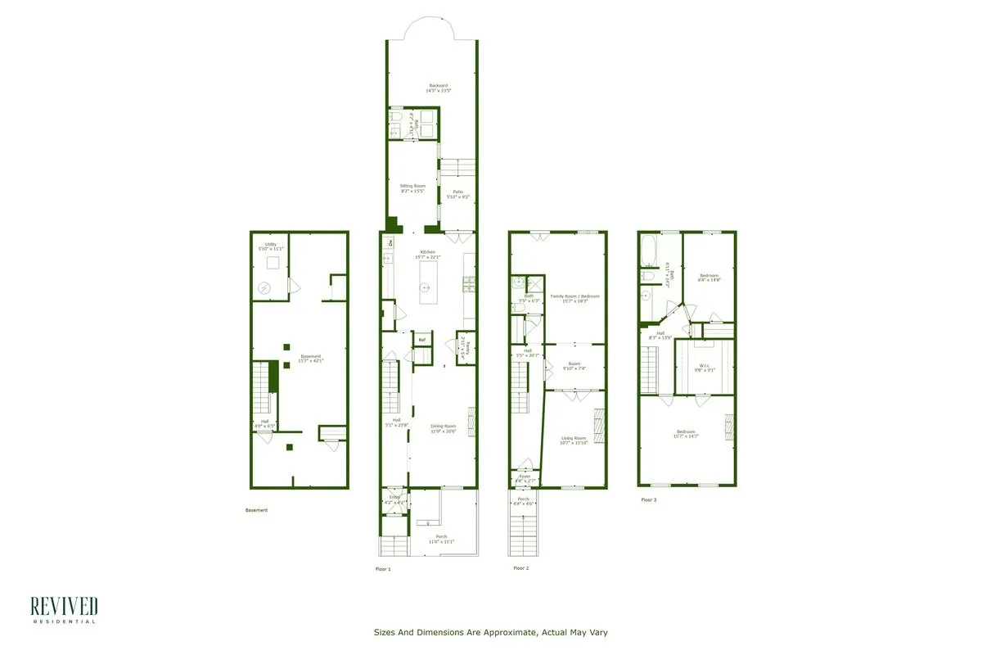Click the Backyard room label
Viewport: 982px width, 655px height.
[x=438, y=85]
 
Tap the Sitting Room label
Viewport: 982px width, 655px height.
[x=412, y=187]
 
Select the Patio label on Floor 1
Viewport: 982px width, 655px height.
[x=458, y=192]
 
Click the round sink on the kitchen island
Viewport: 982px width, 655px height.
[x=426, y=287]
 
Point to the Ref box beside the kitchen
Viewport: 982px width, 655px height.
[x=422, y=340]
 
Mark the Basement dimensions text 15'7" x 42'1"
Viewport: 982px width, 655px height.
[x=311, y=361]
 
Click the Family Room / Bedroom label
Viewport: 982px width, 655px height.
[x=574, y=296]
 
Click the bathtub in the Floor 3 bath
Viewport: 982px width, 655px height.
[x=647, y=251]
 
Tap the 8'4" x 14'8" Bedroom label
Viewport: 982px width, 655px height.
[x=709, y=278]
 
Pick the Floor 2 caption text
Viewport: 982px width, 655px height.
[x=521, y=567]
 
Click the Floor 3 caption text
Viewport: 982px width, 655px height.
[x=648, y=499]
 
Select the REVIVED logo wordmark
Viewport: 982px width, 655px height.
[x=64, y=606]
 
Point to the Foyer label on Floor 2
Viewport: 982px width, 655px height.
[x=525, y=477]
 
